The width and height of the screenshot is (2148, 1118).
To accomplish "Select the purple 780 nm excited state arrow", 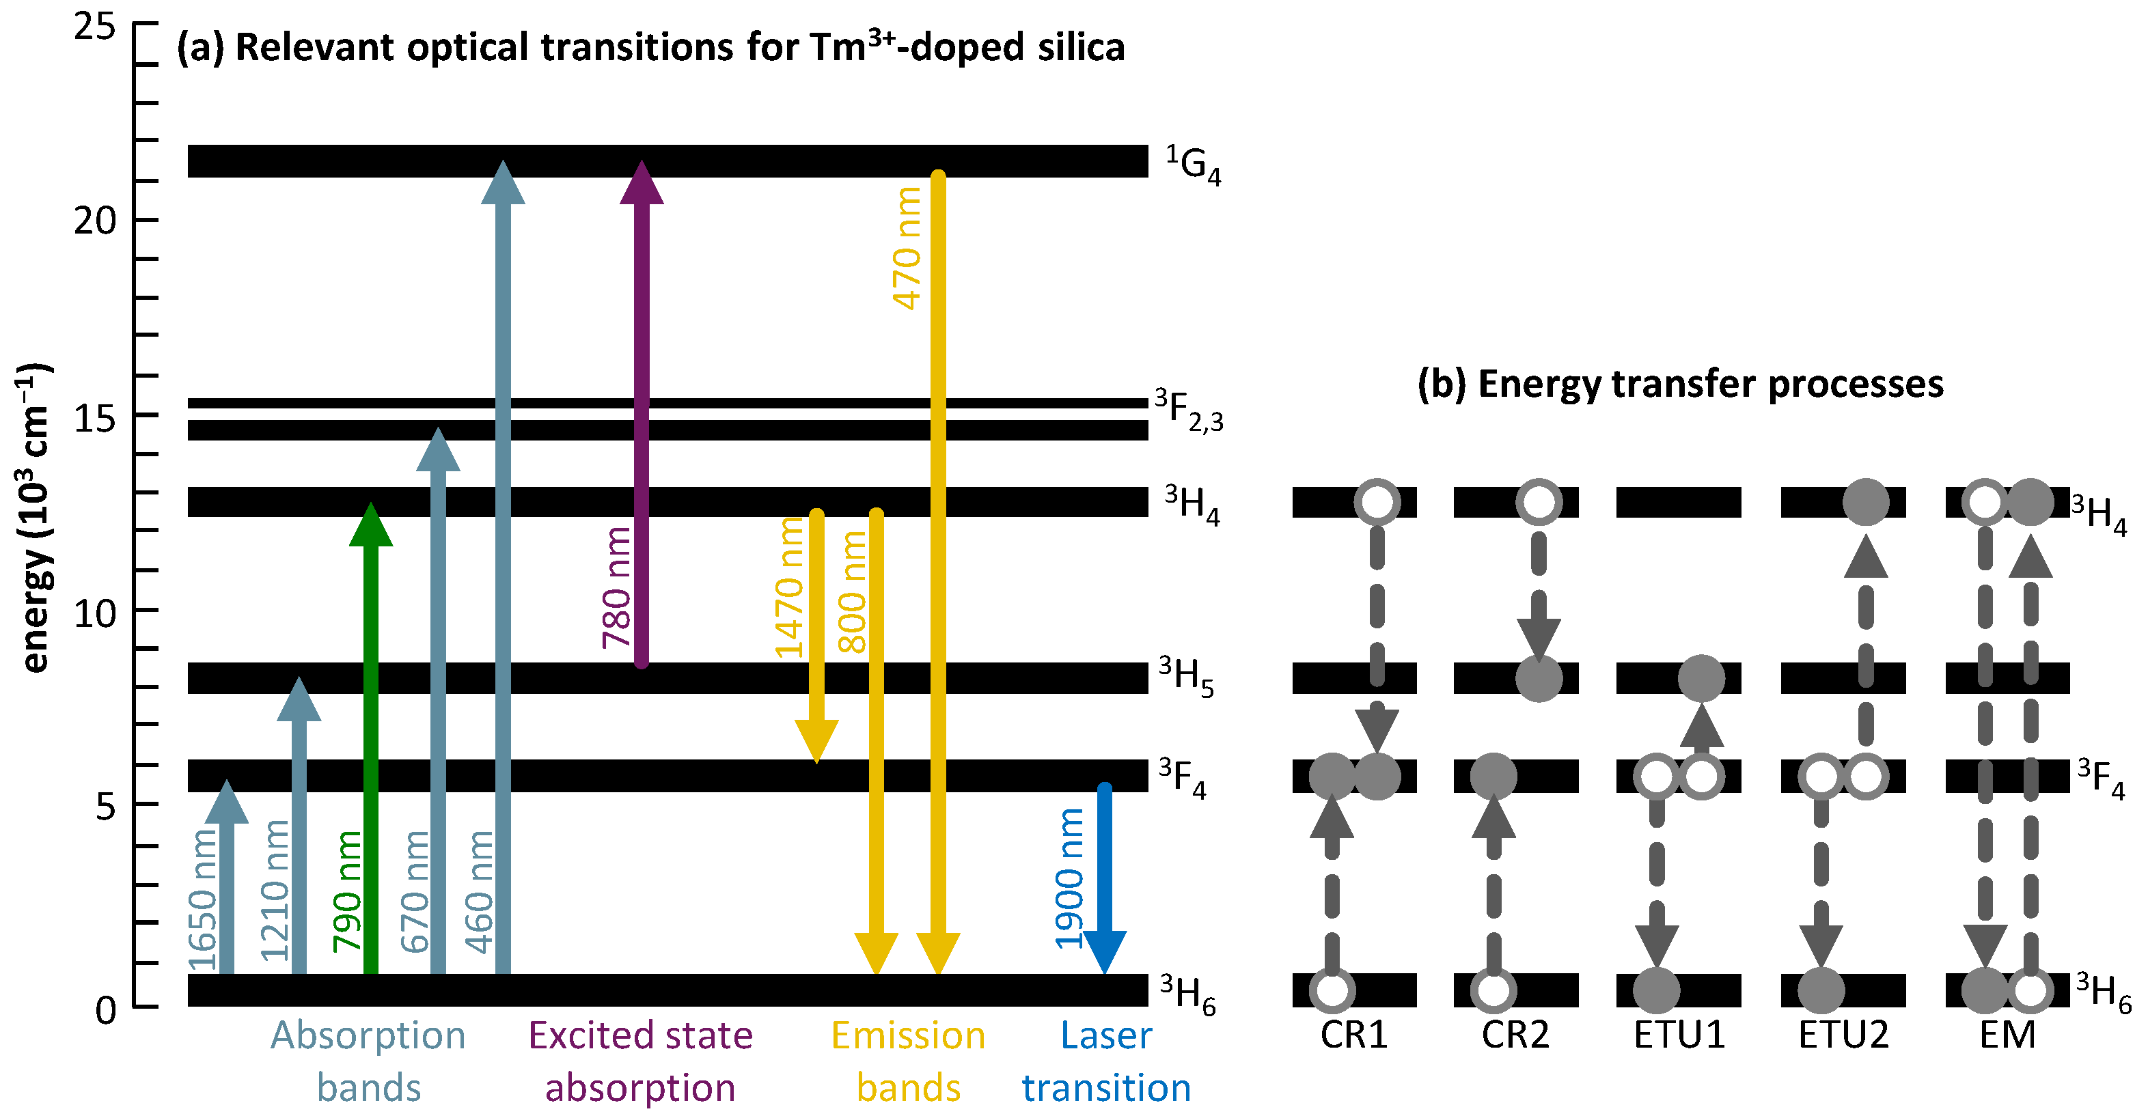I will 642,417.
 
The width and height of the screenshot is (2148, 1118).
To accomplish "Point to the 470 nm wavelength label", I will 907,248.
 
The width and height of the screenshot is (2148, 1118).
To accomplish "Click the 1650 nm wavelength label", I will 203,900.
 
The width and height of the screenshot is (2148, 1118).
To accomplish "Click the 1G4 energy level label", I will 1192,164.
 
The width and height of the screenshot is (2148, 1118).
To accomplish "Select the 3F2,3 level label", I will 1189,410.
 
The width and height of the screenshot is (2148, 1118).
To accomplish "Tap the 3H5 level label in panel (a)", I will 1186,676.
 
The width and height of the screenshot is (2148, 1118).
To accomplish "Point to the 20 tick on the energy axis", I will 95,221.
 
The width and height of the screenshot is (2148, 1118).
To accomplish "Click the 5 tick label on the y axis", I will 105,805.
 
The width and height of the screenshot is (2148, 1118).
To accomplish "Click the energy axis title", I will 33,517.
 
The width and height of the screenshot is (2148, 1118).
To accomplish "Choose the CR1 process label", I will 1353,1035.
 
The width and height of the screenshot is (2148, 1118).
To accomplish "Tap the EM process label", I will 2007,1035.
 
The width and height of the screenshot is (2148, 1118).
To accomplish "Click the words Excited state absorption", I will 640,1061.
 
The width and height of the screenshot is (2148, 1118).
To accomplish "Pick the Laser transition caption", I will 1105,1061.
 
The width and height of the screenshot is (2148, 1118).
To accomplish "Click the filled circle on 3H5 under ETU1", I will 1700,677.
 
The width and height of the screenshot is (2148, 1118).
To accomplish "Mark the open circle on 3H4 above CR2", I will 1539,502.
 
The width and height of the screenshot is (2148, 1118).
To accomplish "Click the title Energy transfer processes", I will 1680,385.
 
